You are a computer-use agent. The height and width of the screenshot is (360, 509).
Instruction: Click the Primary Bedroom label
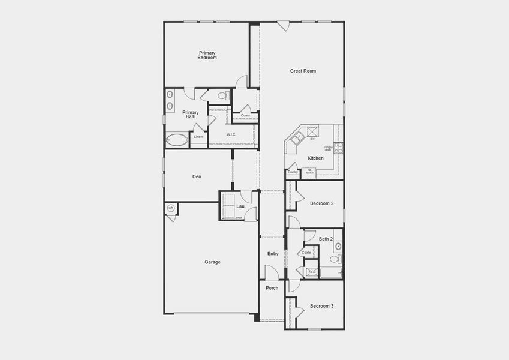point(207,55)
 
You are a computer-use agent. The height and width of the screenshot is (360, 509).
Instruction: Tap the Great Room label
point(303,71)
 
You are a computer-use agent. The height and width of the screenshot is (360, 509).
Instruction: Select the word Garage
point(212,262)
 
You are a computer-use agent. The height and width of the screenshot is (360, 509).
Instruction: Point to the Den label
point(197,176)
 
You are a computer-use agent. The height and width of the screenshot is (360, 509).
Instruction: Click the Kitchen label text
point(315,158)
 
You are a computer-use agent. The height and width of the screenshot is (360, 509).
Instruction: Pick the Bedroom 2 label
point(321,203)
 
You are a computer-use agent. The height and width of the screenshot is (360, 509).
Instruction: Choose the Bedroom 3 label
point(321,306)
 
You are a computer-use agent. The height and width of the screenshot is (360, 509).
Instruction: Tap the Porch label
point(272,288)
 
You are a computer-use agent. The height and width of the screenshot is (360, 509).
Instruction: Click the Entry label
point(273,254)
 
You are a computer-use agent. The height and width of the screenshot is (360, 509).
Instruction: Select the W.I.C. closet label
point(231,134)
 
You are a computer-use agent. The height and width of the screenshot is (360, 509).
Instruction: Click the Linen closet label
point(198,137)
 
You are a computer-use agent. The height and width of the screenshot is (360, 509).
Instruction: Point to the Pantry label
point(293,172)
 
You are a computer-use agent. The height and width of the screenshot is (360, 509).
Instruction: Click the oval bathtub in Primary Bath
point(177,141)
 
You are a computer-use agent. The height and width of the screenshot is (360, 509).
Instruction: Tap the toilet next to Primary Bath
point(222,95)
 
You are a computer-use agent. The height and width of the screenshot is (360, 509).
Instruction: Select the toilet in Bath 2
point(337,259)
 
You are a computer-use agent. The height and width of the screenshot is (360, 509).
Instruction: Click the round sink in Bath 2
point(338,245)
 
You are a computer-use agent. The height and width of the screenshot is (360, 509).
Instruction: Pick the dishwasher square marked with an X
point(312,131)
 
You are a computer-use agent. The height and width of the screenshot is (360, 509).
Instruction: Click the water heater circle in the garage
point(171,208)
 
